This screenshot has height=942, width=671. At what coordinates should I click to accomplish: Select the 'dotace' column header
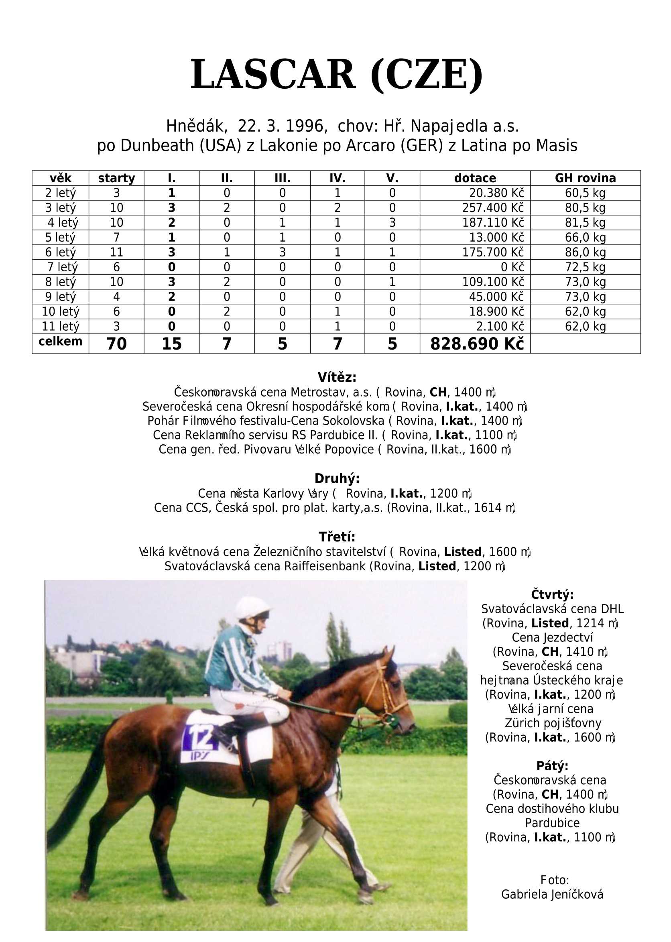(475, 178)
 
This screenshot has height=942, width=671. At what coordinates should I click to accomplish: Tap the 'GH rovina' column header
(585, 178)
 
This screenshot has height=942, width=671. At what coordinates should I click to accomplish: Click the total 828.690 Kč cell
(477, 344)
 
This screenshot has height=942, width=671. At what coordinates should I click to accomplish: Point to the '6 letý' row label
(60, 252)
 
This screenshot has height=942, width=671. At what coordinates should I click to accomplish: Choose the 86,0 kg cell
(585, 252)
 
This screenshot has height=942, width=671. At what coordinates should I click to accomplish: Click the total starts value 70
(116, 344)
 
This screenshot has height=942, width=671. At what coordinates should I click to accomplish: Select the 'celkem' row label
(60, 342)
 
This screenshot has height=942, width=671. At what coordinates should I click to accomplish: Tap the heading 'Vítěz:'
(337, 377)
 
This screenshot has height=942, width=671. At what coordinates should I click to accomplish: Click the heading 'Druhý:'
(337, 478)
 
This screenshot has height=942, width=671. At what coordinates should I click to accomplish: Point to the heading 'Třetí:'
(337, 537)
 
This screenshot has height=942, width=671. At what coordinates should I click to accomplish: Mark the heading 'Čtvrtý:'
(552, 594)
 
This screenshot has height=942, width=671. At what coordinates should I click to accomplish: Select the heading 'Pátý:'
(552, 765)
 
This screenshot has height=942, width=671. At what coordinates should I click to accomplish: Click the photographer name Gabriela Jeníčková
(552, 894)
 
